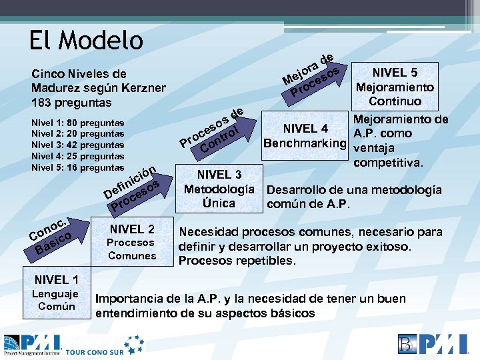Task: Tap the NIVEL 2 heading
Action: coord(131,229)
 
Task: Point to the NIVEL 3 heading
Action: coord(219,175)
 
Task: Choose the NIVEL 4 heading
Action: coord(305,129)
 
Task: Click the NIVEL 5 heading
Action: coord(395,73)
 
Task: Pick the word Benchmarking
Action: coord(305,143)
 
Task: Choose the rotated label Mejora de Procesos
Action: coord(311,75)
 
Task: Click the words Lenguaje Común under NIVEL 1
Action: coord(57,300)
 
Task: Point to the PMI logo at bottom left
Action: coord(33,344)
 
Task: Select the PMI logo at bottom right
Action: coord(434,344)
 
